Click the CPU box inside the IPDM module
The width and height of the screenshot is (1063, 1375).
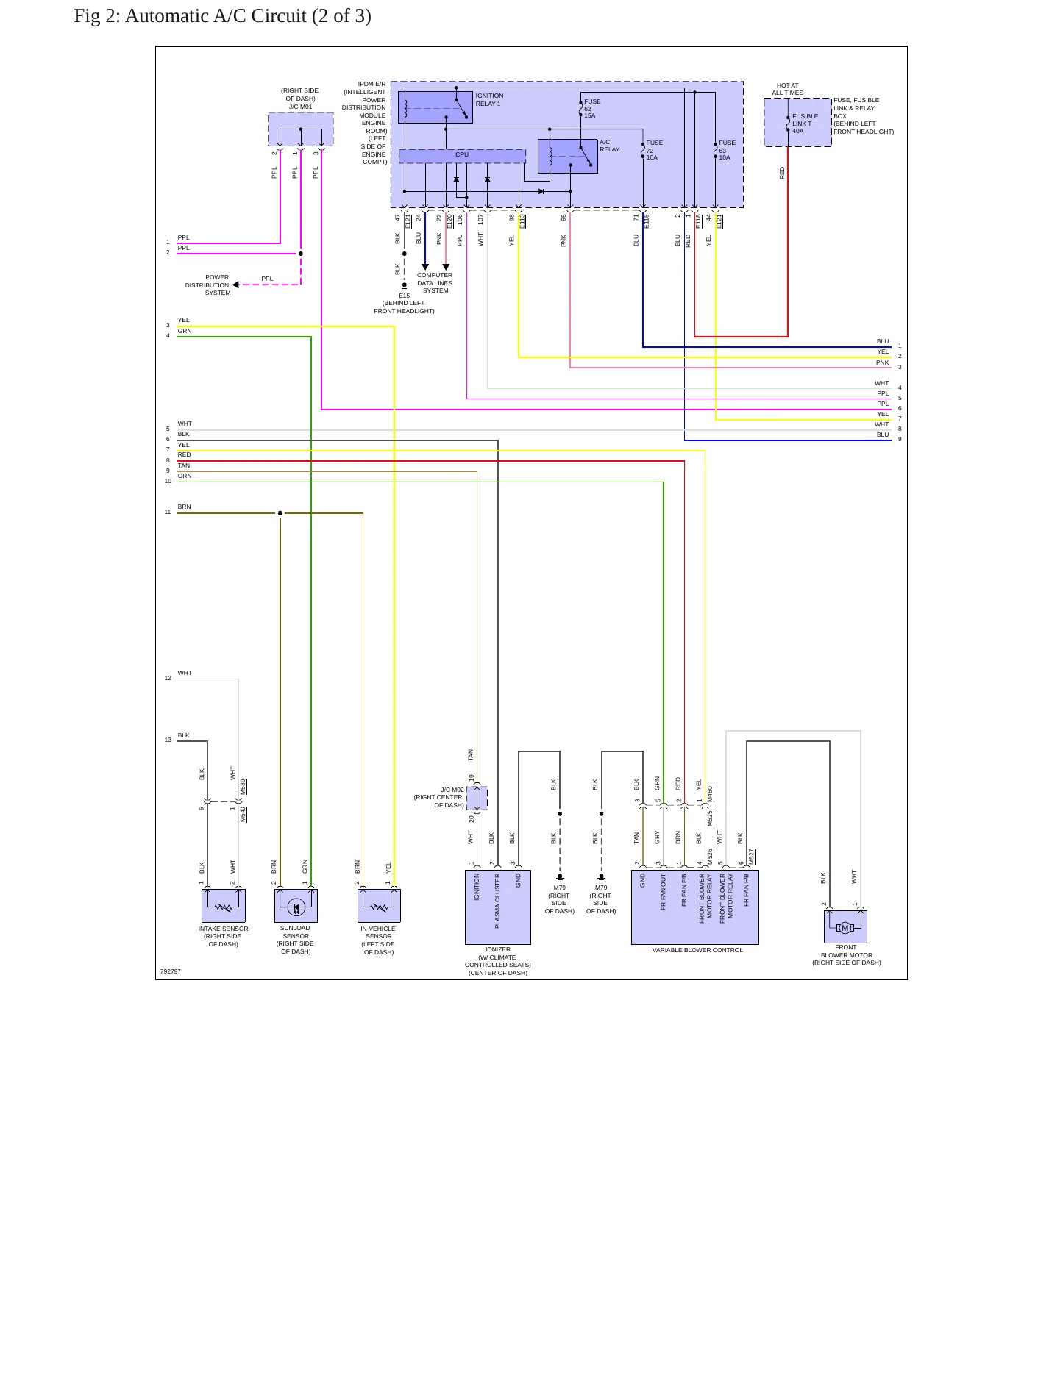coord(462,156)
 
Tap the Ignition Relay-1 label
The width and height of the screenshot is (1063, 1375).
coord(489,100)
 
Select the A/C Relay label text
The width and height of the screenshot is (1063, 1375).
coord(609,146)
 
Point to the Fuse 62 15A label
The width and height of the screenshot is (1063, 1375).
coord(592,109)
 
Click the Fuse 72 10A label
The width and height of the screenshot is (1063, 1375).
coord(654,150)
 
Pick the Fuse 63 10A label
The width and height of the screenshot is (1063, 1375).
coord(727,150)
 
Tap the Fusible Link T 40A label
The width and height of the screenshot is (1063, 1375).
coord(805,124)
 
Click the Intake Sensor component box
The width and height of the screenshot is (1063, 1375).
coord(224,906)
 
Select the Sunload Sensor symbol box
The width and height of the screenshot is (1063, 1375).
coord(296,906)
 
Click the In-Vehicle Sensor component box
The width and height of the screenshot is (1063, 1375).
coord(379,906)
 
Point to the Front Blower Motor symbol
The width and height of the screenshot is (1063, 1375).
coord(845,926)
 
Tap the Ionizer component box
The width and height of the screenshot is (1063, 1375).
coord(498,907)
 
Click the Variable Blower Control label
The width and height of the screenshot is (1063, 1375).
coord(697,950)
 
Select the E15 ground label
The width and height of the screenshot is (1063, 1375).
coord(404,296)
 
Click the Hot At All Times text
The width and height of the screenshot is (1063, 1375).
coord(787,89)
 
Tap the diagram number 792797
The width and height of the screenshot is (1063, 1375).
coord(171,971)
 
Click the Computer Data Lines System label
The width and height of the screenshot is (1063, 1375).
coord(435,283)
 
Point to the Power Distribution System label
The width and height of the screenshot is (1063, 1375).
coord(207,285)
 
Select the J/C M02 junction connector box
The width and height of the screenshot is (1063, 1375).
coord(477,799)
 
